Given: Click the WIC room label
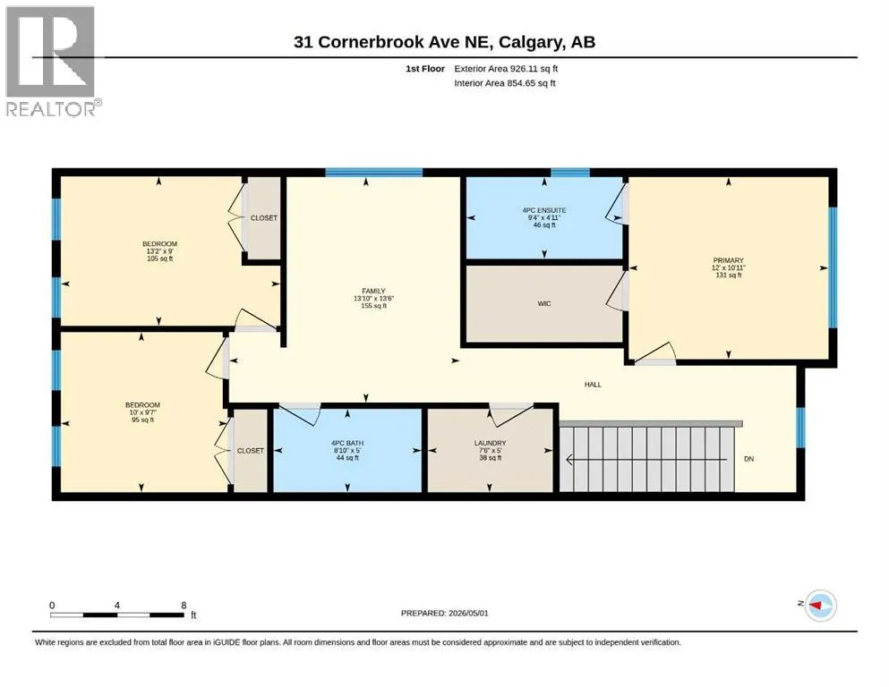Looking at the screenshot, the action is click(544, 303).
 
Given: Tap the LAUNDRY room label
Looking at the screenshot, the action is click(491, 443).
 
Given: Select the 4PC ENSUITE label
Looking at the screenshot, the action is click(544, 210).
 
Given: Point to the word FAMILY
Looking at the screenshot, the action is click(373, 291).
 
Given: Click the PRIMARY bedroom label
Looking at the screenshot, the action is click(728, 260).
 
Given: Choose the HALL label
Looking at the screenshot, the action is click(593, 385).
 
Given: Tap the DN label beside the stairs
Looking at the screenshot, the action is click(749, 459).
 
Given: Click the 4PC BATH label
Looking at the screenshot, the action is click(347, 443).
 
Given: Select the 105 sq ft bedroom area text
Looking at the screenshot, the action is click(160, 259).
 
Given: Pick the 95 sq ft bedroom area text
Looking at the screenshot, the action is click(143, 420).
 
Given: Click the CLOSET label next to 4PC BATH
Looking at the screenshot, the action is click(251, 451).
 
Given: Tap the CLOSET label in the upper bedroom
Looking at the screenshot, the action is click(264, 218).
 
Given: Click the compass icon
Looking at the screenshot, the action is click(820, 606).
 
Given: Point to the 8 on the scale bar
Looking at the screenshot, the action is click(184, 606).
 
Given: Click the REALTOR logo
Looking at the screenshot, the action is click(53, 61).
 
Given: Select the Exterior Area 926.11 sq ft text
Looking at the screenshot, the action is click(506, 69).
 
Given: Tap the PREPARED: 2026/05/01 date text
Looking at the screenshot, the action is click(444, 613).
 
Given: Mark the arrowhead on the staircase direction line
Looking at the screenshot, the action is click(569, 459).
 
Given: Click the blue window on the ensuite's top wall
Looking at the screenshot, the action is click(569, 172).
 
